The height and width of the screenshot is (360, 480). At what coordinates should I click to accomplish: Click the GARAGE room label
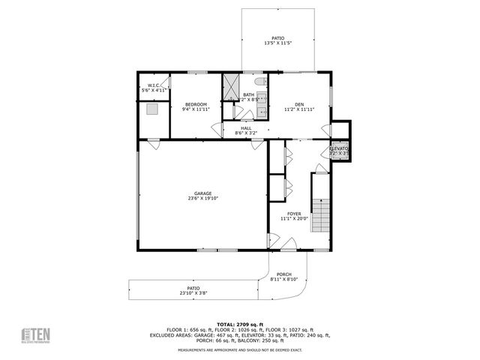click(204, 193)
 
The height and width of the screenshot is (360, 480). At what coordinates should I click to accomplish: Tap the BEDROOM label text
click(196, 104)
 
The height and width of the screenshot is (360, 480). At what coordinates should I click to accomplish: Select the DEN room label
click(298, 104)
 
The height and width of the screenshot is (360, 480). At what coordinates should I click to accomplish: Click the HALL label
click(246, 128)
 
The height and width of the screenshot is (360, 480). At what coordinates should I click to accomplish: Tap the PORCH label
click(284, 274)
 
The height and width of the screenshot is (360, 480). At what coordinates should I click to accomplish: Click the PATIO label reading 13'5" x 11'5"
click(278, 38)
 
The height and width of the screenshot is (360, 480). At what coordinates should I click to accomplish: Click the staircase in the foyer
click(321, 214)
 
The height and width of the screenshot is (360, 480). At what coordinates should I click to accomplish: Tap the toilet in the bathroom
click(259, 82)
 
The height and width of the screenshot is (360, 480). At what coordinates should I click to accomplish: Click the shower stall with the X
click(230, 87)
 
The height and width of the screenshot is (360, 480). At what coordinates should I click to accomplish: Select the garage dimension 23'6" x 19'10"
click(204, 199)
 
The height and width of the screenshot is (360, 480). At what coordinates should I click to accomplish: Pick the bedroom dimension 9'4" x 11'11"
click(196, 109)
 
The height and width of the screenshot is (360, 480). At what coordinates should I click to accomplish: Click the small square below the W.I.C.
click(153, 109)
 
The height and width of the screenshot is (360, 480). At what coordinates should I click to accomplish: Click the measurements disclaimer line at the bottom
click(239, 350)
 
